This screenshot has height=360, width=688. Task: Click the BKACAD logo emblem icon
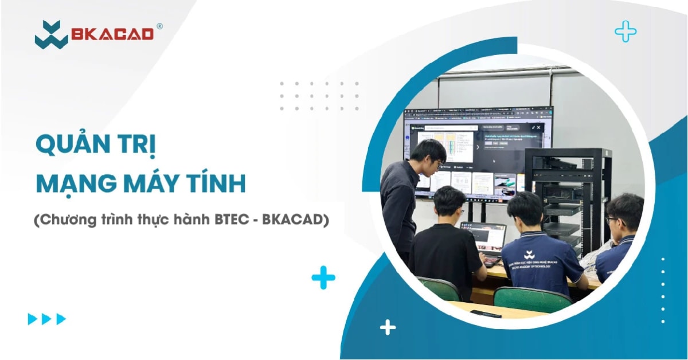click(x=51, y=34)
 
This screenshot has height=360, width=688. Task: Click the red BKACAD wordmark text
click(x=112, y=34)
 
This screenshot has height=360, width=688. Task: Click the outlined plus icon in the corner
click(x=626, y=32)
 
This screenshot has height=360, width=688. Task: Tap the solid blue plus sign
click(x=323, y=278)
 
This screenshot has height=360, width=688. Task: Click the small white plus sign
click(x=388, y=327)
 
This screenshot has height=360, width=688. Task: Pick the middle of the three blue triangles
click(x=47, y=319)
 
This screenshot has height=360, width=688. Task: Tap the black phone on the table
click(x=485, y=314)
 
